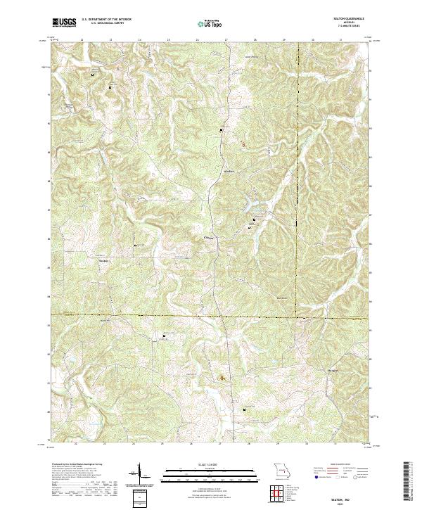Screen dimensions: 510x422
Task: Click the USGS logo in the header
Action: pos(64,23)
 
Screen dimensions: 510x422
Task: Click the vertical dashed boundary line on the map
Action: pos(297,141)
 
